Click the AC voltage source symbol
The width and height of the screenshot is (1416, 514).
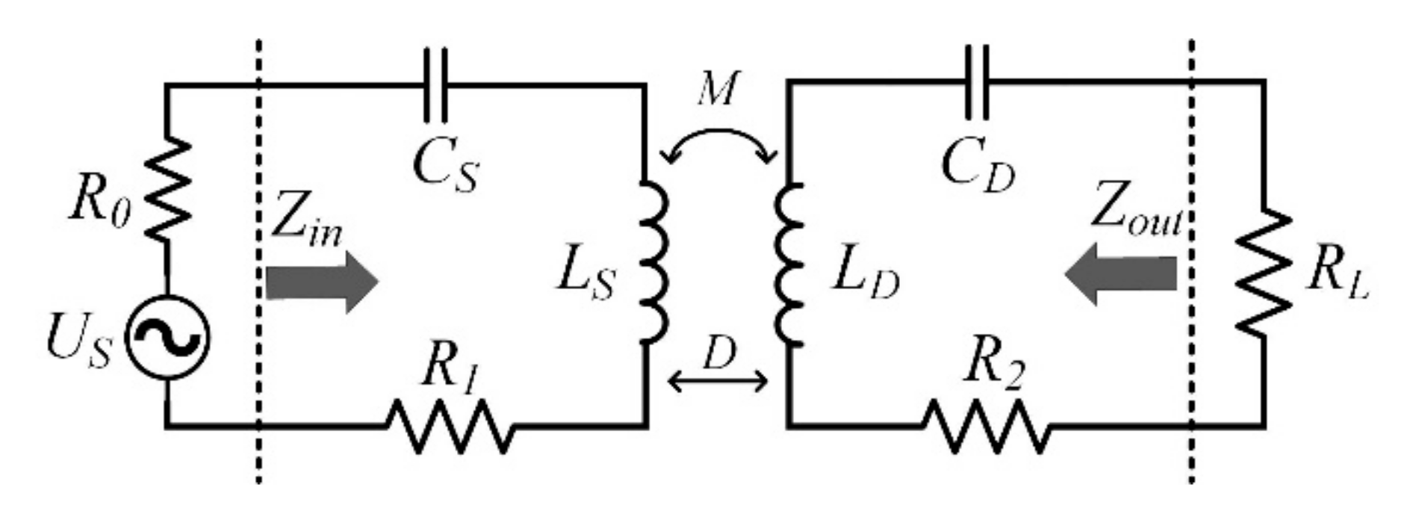(x=166, y=338)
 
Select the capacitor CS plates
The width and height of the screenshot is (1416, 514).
(x=435, y=84)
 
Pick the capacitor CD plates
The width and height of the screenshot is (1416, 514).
(x=977, y=82)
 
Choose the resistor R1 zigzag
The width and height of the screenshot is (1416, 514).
(x=450, y=426)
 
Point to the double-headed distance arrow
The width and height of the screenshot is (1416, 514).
(x=718, y=382)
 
